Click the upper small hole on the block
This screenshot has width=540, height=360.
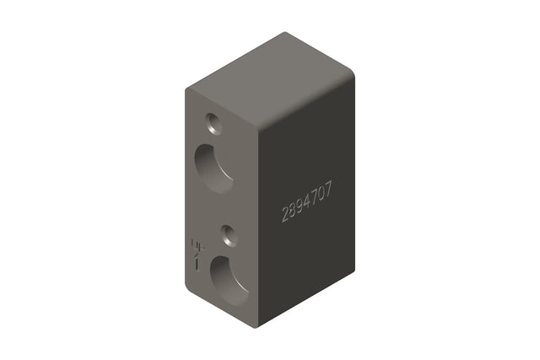(x=213, y=124)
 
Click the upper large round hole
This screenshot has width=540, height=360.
(x=215, y=166)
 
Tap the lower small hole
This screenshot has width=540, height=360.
(x=227, y=234)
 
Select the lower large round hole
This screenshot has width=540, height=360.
(x=229, y=280)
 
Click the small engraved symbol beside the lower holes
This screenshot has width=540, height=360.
(x=197, y=253)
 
